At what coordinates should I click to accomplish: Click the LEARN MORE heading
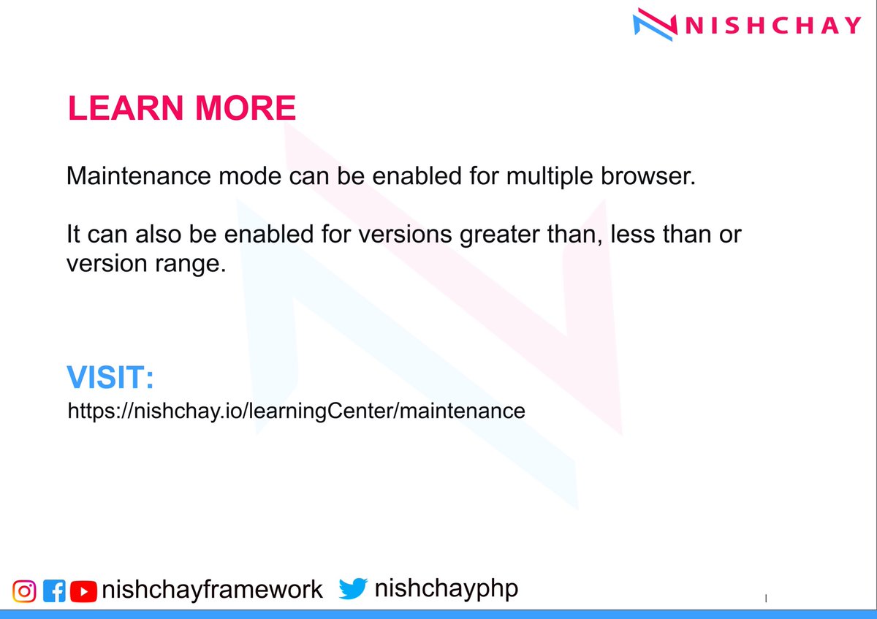[x=181, y=108]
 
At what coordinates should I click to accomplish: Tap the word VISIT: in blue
[x=110, y=378]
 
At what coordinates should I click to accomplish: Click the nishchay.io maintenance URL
[x=296, y=411]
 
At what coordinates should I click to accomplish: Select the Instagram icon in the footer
[x=24, y=590]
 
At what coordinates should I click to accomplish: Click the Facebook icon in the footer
[x=54, y=590]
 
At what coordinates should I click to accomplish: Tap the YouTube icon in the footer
[x=83, y=590]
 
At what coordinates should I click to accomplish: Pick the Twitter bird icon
[x=352, y=589]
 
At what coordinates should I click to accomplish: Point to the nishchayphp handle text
[x=446, y=588]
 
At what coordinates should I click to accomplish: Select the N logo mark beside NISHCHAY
[x=653, y=24]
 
